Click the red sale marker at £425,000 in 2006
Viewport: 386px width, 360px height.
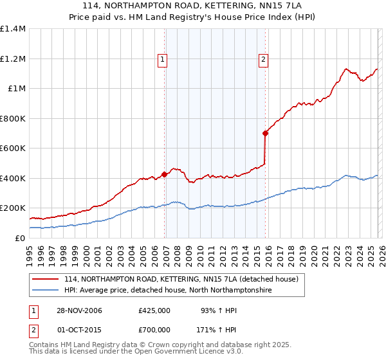point(165,174)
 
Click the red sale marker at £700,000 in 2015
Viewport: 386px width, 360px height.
point(265,133)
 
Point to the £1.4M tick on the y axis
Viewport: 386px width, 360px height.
point(13,29)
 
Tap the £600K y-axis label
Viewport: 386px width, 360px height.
point(13,148)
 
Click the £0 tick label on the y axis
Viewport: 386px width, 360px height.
point(20,238)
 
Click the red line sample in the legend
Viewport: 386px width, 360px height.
point(45,280)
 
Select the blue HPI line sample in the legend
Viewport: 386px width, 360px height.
point(45,291)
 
